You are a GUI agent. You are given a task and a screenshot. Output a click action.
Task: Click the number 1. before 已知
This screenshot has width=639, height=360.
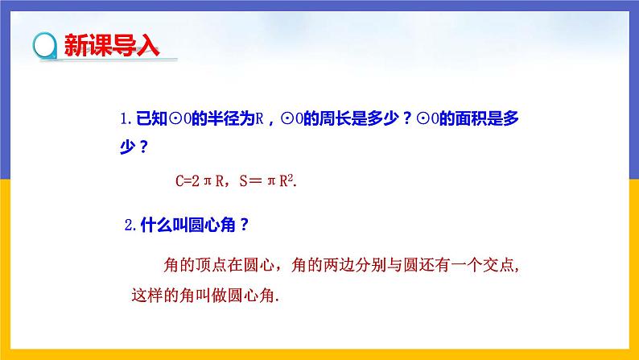tap(125, 120)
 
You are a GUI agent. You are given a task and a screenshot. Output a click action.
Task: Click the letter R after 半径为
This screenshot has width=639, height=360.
tap(260, 120)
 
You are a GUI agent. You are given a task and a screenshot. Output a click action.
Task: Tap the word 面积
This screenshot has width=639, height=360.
tap(458, 120)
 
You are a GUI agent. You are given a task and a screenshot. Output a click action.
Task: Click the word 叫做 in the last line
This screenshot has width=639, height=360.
tap(217, 295)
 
